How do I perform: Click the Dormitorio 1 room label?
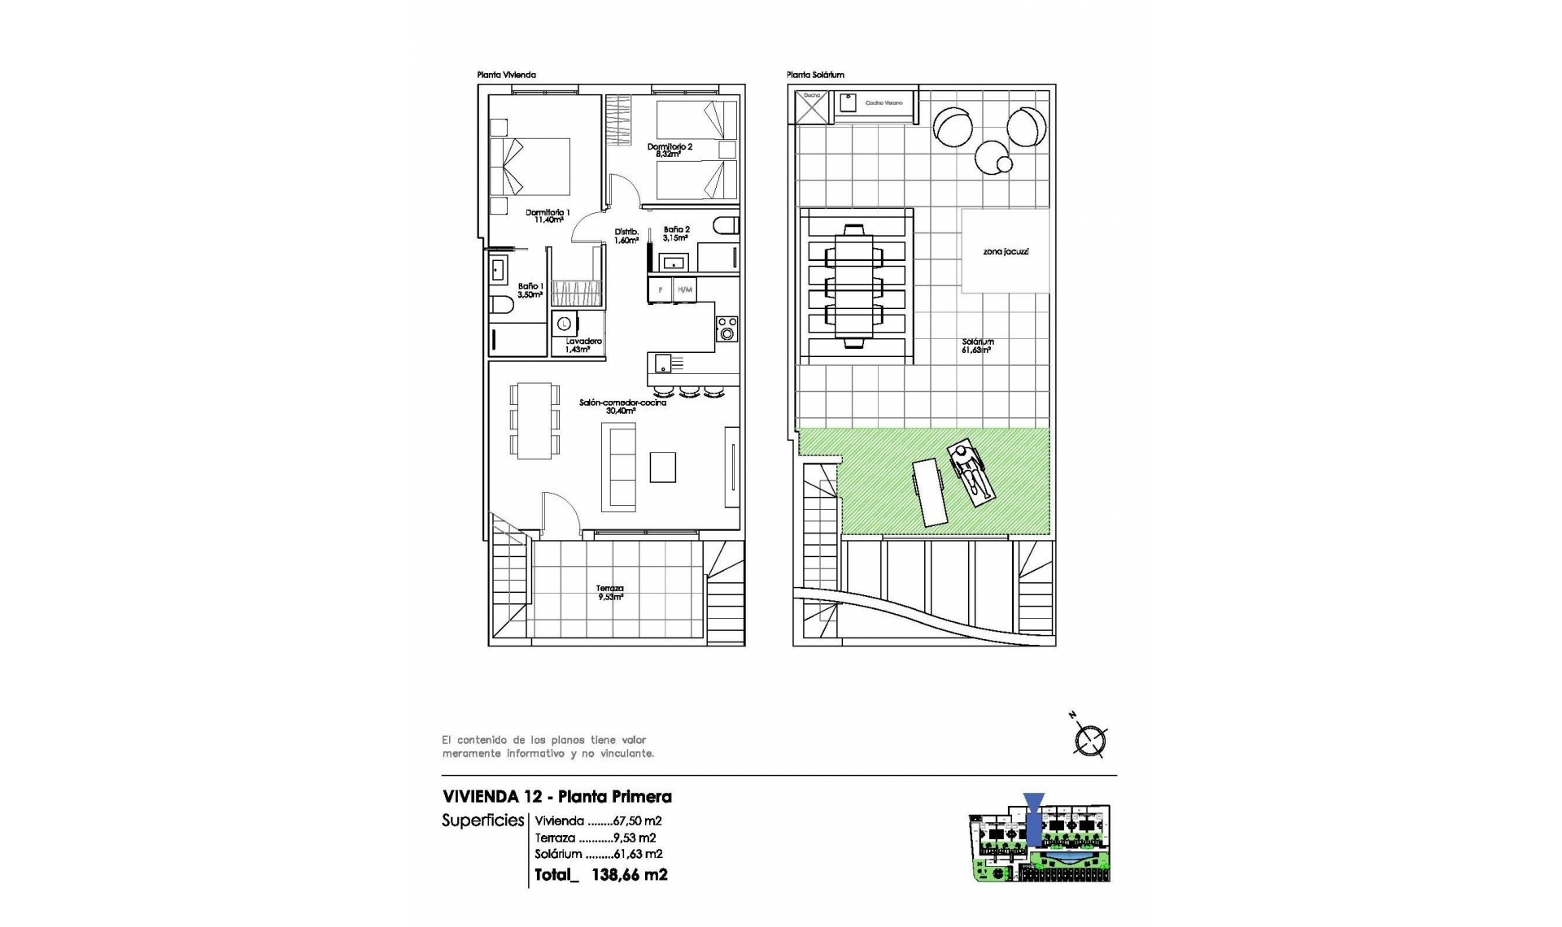[x=547, y=215]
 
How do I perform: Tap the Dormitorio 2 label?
[x=670, y=150]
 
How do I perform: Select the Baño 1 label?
[x=530, y=290]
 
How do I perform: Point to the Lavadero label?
[x=583, y=345]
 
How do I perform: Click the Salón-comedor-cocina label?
[x=622, y=406]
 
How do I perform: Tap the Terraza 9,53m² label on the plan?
[x=609, y=592]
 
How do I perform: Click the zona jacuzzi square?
[x=1006, y=251]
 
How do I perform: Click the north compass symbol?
[x=1089, y=740]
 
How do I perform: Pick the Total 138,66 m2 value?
[x=601, y=875]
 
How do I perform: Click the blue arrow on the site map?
[x=1033, y=817]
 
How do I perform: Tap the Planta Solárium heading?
[x=815, y=75]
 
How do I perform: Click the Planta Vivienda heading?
[x=506, y=75]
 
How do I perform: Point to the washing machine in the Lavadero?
[x=563, y=324]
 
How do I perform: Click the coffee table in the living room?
[x=662, y=467]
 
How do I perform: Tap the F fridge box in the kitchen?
[x=661, y=289]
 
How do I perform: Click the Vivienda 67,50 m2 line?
[x=598, y=821]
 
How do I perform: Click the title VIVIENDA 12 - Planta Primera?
[x=556, y=797]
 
